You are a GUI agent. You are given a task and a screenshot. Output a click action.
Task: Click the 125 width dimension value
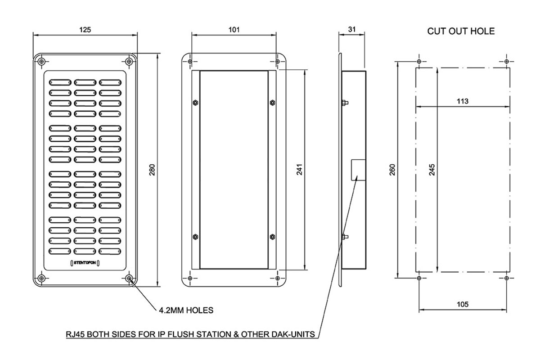(85, 30)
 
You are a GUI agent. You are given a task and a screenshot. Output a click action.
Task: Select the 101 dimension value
(234, 30)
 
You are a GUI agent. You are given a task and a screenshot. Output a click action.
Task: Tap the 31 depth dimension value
(352, 30)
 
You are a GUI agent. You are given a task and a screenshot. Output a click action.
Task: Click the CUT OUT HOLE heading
(460, 31)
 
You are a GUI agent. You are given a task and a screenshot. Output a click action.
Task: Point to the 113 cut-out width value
(462, 101)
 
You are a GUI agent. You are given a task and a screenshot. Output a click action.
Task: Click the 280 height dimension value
(152, 170)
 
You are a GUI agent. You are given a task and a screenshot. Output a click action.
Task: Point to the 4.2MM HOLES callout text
(186, 310)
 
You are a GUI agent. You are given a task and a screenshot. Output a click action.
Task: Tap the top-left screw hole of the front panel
(41, 61)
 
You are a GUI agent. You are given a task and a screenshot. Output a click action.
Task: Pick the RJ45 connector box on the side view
(357, 169)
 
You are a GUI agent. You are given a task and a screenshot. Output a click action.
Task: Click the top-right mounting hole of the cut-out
(507, 61)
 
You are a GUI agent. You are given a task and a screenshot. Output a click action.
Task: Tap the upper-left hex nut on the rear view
(194, 102)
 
